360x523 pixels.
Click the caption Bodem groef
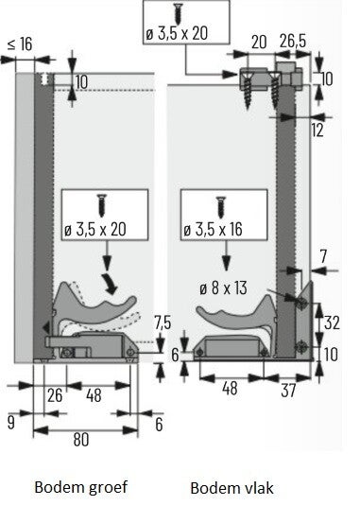pyautogui.click(x=80, y=487)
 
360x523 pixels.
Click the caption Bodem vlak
pyautogui.click(x=232, y=488)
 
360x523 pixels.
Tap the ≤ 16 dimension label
pyautogui.click(x=20, y=44)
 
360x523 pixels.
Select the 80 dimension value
pyautogui.click(x=81, y=439)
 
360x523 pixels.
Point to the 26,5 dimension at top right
pyautogui.click(x=293, y=42)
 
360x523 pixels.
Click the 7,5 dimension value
pyautogui.click(x=163, y=323)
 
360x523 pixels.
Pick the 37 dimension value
pyautogui.click(x=288, y=391)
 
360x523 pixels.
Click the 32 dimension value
pyautogui.click(x=332, y=323)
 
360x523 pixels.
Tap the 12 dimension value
pyautogui.click(x=317, y=131)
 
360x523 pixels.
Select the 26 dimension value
pyautogui.click(x=55, y=395)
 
